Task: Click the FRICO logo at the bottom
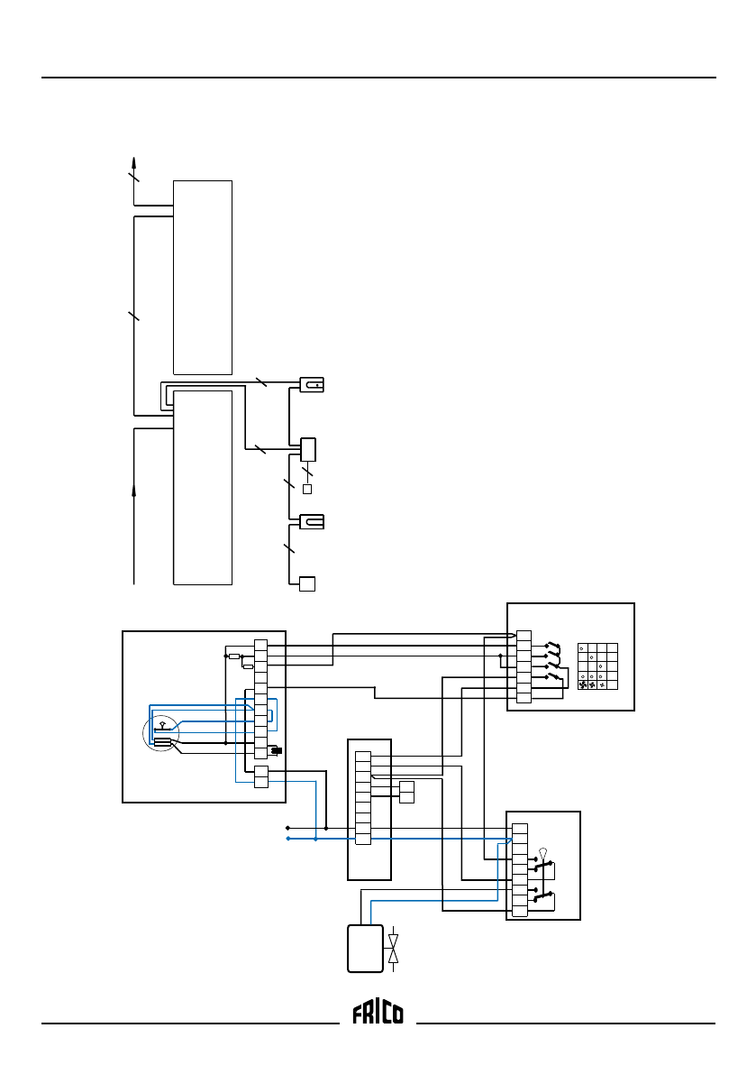(x=378, y=1014)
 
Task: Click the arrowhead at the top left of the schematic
(x=134, y=162)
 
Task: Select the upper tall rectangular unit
(x=203, y=277)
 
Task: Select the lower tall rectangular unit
(x=203, y=487)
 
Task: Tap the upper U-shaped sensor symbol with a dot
(x=311, y=385)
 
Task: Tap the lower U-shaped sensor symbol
(x=311, y=521)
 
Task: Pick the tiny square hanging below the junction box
(x=306, y=490)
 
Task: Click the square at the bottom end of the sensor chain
(x=307, y=583)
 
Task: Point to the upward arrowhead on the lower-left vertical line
(x=134, y=489)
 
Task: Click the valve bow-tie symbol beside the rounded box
(x=393, y=950)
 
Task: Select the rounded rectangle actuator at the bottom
(x=364, y=949)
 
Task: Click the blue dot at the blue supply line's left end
(x=287, y=839)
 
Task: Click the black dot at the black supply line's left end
(x=287, y=827)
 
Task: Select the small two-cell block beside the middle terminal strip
(x=406, y=792)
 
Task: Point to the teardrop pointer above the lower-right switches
(x=542, y=852)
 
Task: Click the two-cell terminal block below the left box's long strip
(x=261, y=776)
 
